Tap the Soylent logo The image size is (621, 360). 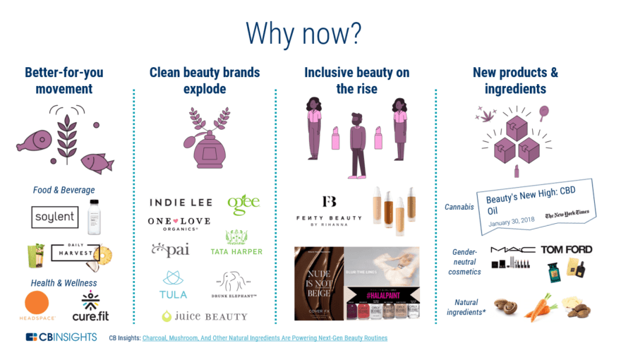54,217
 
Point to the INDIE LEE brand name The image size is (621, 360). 181,203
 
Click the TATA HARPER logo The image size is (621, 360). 236,244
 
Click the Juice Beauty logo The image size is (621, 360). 205,316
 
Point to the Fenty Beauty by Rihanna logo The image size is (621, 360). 329,210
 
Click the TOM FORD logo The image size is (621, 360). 566,249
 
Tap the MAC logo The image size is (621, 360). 512,250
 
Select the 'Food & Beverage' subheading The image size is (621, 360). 64,190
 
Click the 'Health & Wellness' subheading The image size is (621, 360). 64,283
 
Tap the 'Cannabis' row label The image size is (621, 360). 459,207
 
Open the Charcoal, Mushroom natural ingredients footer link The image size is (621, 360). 265,338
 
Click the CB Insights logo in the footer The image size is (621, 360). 61,337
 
